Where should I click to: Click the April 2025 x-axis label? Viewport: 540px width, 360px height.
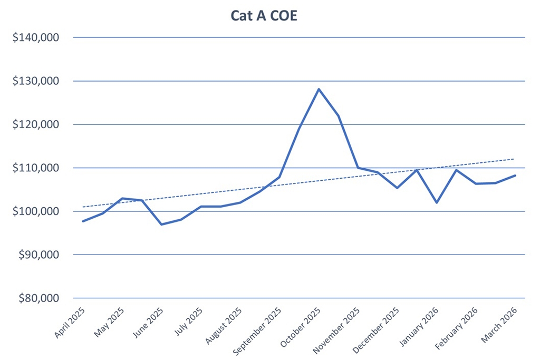click(x=69, y=323)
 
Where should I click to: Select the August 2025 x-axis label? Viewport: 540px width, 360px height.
click(x=223, y=325)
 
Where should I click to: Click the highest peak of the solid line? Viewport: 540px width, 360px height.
click(x=319, y=89)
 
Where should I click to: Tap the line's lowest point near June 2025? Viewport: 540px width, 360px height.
click(x=162, y=225)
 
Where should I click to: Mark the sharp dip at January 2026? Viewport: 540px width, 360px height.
click(x=437, y=202)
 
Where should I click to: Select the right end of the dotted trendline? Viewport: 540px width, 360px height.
click(x=514, y=159)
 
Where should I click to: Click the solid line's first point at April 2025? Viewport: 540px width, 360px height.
click(x=83, y=221)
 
